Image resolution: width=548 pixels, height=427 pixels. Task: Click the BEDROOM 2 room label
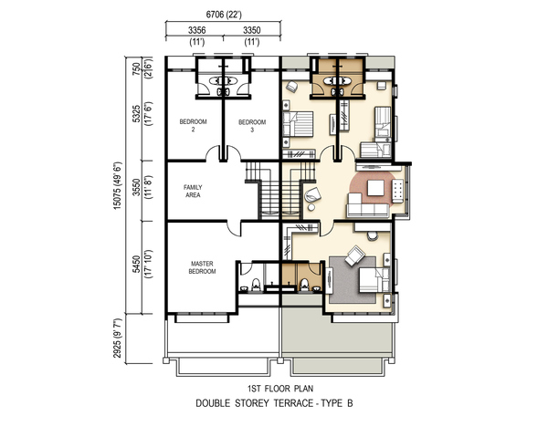point(193,126)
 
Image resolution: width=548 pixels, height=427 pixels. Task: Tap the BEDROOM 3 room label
point(252,126)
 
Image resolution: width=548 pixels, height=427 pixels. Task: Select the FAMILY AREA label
point(193,191)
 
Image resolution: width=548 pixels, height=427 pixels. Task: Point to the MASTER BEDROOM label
point(202,267)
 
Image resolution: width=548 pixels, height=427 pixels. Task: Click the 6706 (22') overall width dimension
point(224,15)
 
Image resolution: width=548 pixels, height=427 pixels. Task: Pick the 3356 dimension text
point(196,30)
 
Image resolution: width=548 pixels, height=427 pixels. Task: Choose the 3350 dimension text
point(252,30)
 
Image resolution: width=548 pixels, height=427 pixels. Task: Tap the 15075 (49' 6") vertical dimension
point(118,186)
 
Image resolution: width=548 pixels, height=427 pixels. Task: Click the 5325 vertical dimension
point(137,114)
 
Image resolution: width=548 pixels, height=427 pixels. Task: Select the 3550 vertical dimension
point(137,187)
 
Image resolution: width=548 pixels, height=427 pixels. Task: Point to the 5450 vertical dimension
point(137,265)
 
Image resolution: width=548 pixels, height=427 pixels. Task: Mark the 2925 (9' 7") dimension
point(118,338)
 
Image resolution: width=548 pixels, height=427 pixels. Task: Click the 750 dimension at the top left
point(137,67)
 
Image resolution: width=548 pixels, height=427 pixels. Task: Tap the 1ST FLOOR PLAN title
point(280,389)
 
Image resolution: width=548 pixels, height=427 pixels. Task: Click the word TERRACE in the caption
point(293,403)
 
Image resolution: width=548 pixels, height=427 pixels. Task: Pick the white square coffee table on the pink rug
point(375,188)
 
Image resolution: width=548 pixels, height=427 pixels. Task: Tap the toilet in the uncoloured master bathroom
point(256,284)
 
